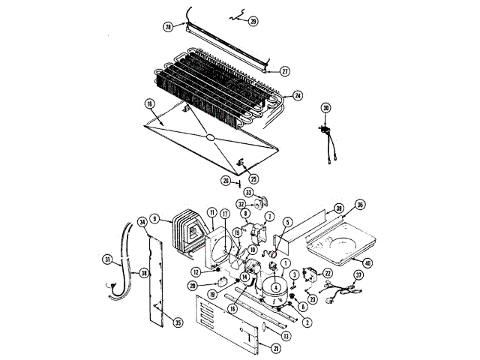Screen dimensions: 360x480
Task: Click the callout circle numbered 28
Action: pyautogui.click(x=168, y=26)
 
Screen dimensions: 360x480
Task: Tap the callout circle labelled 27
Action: pyautogui.click(x=285, y=71)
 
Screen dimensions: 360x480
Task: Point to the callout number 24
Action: pyautogui.click(x=298, y=96)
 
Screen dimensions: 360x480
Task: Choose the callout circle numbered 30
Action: pyautogui.click(x=325, y=108)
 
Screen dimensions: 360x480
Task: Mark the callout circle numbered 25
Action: pyautogui.click(x=253, y=178)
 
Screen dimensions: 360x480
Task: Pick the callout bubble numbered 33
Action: pyautogui.click(x=249, y=193)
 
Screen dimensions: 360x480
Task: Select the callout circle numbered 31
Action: pyautogui.click(x=107, y=260)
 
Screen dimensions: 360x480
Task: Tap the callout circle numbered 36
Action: pyautogui.click(x=360, y=205)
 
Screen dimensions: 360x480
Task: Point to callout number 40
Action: pyautogui.click(x=367, y=262)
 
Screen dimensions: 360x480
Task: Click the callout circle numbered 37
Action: pyautogui.click(x=358, y=275)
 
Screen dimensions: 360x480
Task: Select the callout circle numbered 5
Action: pyautogui.click(x=287, y=222)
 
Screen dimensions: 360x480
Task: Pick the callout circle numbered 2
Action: pyautogui.click(x=307, y=322)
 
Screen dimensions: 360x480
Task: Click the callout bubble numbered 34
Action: pyautogui.click(x=141, y=221)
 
